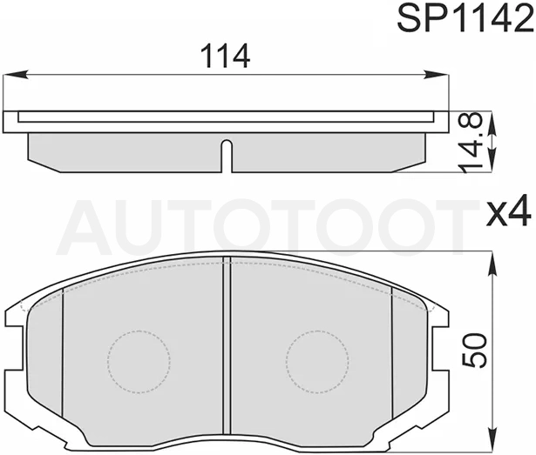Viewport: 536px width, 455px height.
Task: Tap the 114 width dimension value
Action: pos(225,57)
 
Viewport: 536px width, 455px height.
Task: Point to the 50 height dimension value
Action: pos(474,351)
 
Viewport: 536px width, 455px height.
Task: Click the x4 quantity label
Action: pos(509,213)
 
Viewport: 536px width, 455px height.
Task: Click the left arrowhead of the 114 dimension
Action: pos(16,75)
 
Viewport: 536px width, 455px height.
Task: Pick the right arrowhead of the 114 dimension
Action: pos(436,75)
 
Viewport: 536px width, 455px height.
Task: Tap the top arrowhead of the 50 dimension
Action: pos(492,264)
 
